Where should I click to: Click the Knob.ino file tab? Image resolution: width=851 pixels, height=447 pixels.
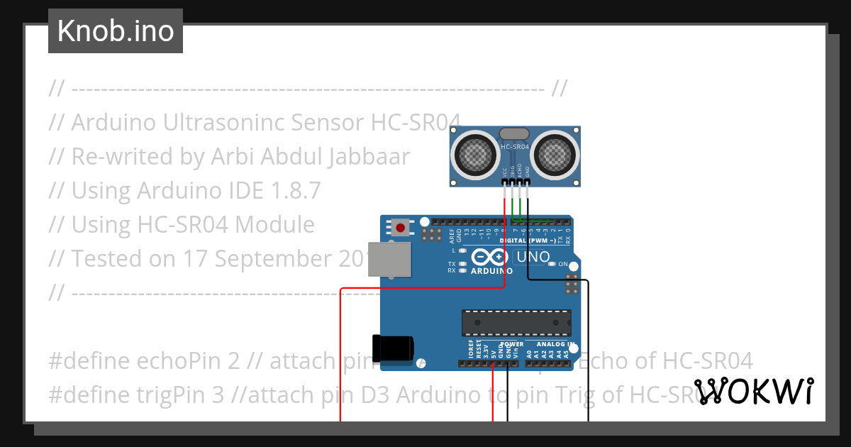pyautogui.click(x=116, y=31)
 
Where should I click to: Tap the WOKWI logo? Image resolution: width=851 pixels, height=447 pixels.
pyautogui.click(x=753, y=391)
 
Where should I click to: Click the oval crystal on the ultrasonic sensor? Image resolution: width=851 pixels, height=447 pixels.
pyautogui.click(x=515, y=133)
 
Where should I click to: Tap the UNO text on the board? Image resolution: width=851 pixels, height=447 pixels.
pyautogui.click(x=532, y=256)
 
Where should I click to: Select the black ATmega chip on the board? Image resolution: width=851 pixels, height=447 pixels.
pyautogui.click(x=516, y=322)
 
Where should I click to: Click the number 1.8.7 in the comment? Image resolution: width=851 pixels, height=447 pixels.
pyautogui.click(x=296, y=190)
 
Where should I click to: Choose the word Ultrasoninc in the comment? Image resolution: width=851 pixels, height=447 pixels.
pyautogui.click(x=208, y=122)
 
